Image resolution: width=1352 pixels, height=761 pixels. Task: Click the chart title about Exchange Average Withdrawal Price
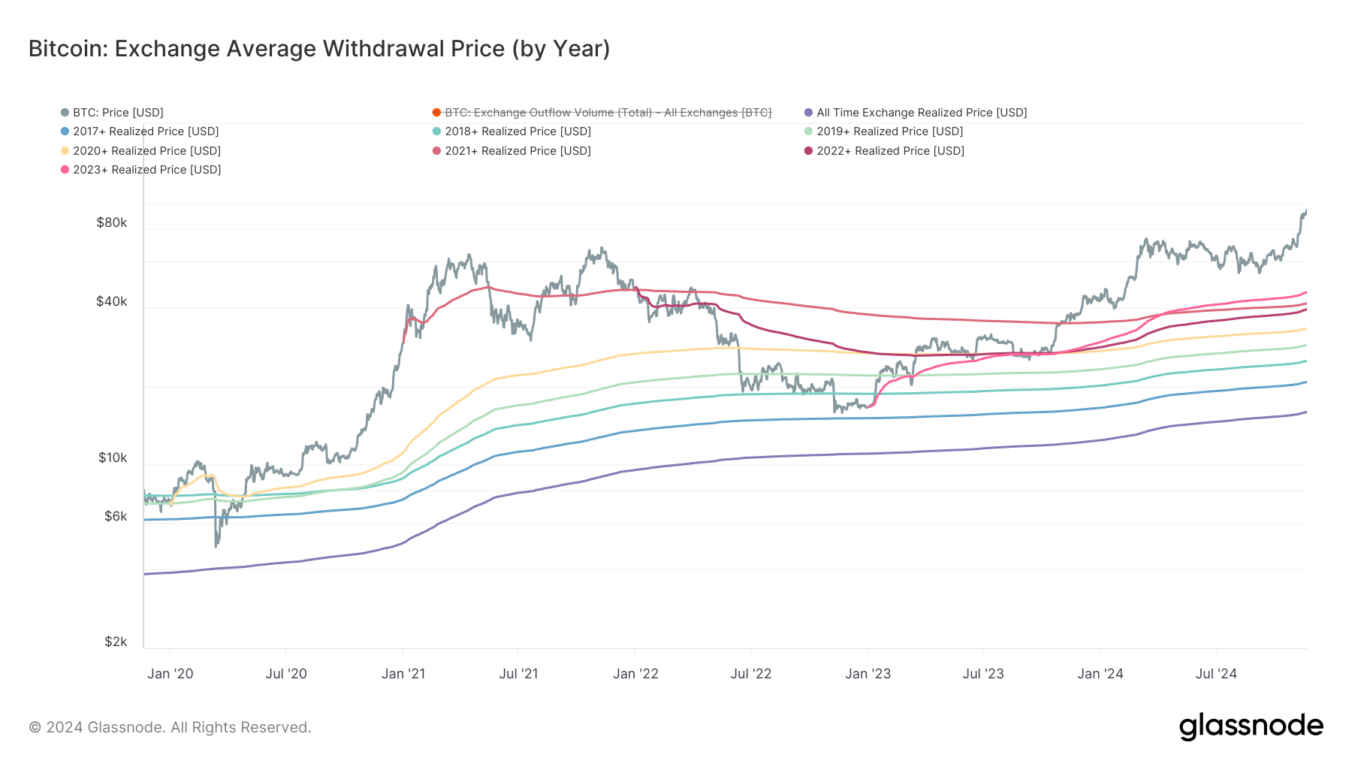(x=319, y=49)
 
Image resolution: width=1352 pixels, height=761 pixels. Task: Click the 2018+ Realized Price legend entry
(x=518, y=131)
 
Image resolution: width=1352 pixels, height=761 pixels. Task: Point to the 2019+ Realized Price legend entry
(x=889, y=131)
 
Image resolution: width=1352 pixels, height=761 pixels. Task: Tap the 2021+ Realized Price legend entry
(x=518, y=151)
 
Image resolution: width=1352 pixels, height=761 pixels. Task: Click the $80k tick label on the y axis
(x=112, y=222)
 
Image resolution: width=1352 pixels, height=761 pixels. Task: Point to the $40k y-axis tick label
(x=112, y=301)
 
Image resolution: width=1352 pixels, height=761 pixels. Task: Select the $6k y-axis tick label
(x=116, y=516)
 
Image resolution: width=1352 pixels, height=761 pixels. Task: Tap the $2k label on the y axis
(x=116, y=642)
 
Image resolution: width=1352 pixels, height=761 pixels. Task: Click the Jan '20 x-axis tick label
(x=171, y=674)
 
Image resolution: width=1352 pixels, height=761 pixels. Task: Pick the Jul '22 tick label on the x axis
(x=751, y=674)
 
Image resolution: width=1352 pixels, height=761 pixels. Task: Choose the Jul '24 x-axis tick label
(x=1216, y=674)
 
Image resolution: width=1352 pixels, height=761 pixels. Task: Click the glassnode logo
(x=1251, y=726)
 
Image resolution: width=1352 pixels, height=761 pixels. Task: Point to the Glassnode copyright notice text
(x=170, y=727)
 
